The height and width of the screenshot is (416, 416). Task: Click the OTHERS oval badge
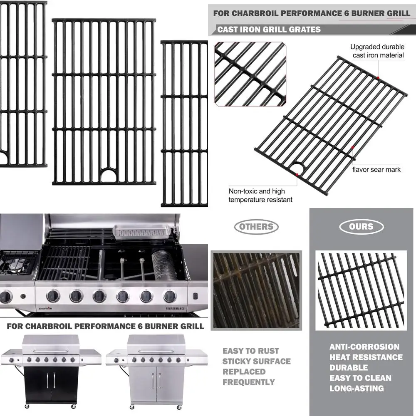pos(256,227)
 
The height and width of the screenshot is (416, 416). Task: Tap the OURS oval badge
pos(361,227)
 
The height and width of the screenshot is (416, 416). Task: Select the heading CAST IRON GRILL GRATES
pos(269,30)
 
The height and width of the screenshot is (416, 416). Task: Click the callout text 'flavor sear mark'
pos(376,169)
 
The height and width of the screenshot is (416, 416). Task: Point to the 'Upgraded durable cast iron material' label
pos(377,51)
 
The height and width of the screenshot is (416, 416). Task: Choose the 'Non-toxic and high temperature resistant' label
pos(260,196)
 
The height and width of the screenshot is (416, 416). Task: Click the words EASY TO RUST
pos(250,351)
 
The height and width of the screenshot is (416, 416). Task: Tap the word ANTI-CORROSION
pos(364,347)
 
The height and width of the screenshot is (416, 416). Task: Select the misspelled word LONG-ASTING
pos(357,389)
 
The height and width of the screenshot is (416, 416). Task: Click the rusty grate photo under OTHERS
pos(256,290)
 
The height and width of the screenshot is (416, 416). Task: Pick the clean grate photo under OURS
pos(361,290)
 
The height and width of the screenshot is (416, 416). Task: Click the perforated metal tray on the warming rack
pos(141,231)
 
